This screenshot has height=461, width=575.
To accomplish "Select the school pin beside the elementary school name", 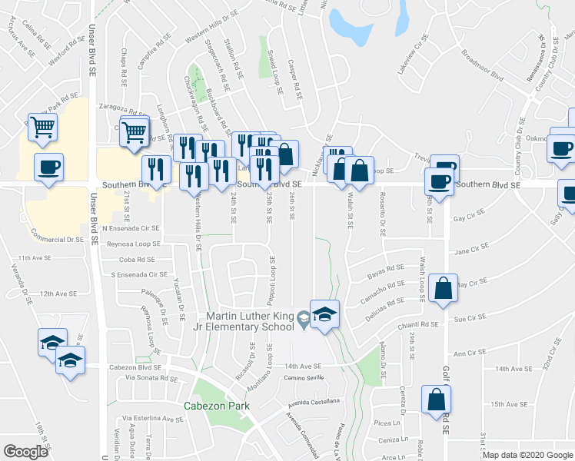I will click(324, 314).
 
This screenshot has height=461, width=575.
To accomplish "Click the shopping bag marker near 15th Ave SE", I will click(436, 400).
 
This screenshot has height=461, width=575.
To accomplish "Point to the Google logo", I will click(26, 452).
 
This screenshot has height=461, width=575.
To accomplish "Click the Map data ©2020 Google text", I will click(527, 455).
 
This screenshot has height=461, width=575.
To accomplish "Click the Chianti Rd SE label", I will click(418, 325).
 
